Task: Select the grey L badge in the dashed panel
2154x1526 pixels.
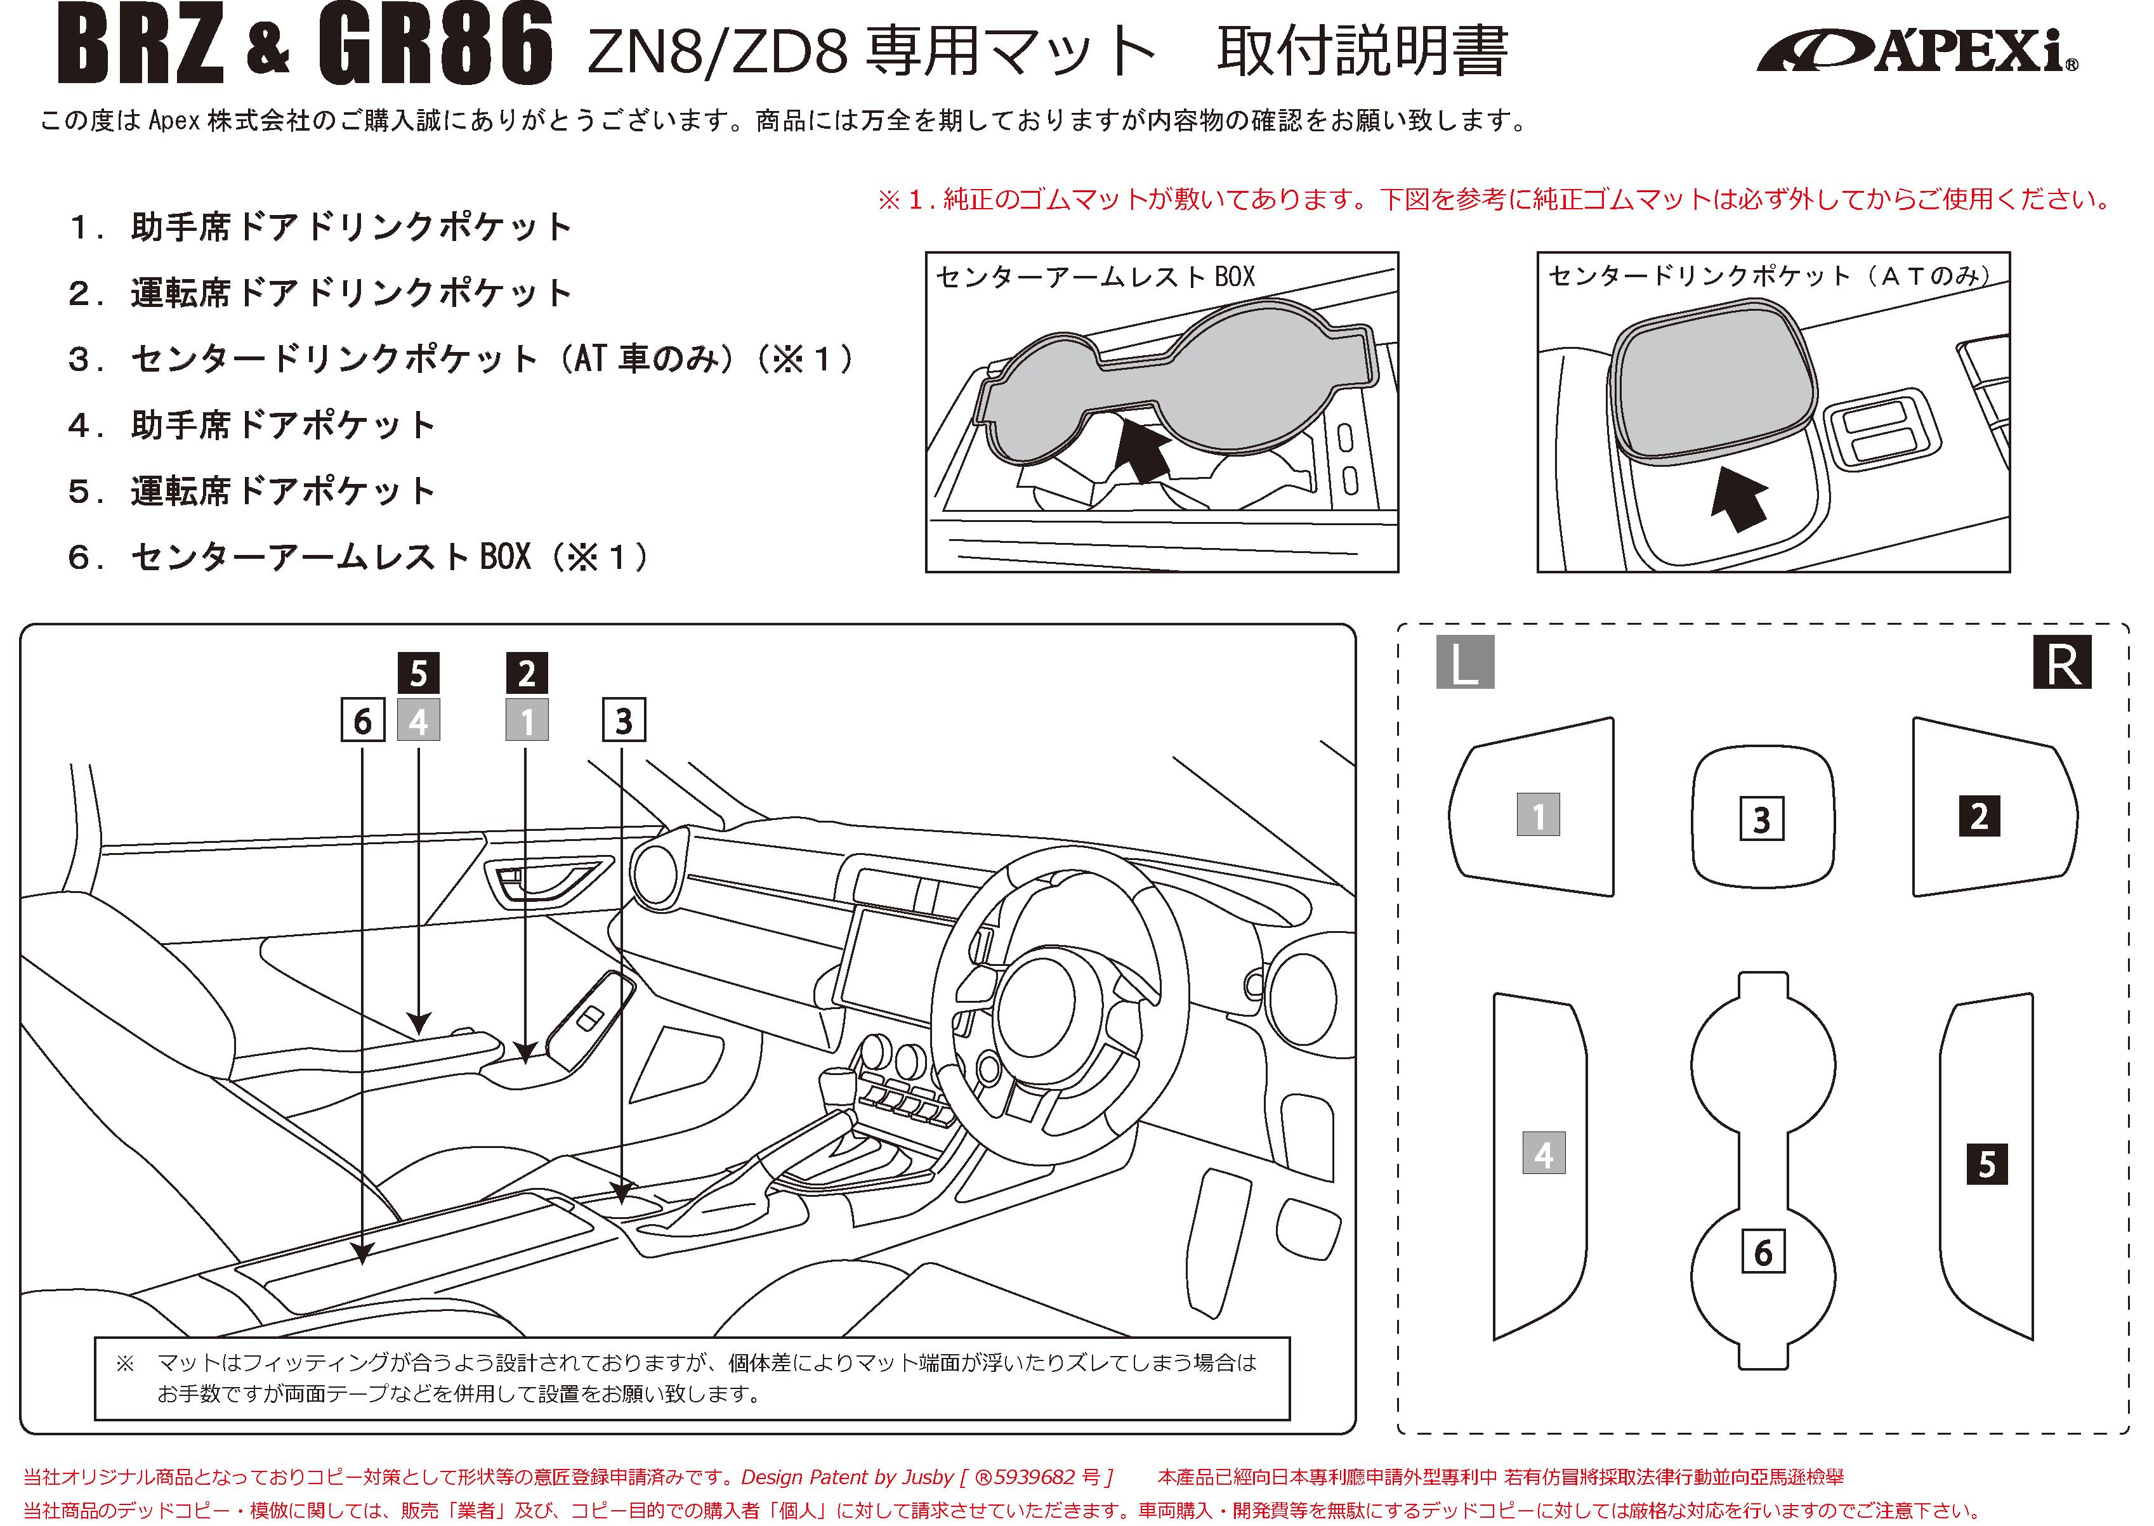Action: (x=1464, y=664)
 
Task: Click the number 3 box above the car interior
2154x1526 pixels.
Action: (x=623, y=721)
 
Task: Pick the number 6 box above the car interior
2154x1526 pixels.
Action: (x=363, y=721)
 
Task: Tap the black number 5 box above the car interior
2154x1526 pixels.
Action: (x=419, y=673)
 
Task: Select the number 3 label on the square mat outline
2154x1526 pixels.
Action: (x=1762, y=819)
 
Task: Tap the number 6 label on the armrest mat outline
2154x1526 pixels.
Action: (x=1763, y=1253)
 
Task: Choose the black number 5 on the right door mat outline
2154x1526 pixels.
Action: (x=1987, y=1165)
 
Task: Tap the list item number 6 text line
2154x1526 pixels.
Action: (x=357, y=558)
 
